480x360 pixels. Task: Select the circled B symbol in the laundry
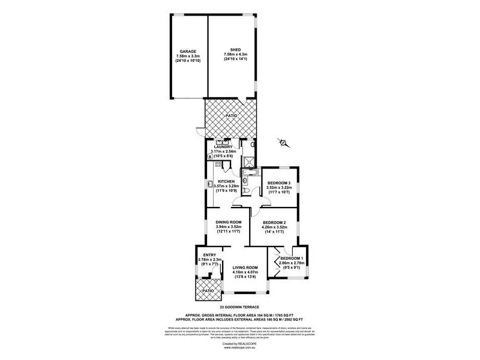click(x=210, y=157)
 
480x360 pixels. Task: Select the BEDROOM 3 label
click(x=279, y=182)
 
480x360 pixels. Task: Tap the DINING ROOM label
click(x=228, y=222)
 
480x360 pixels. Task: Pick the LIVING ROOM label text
click(x=245, y=267)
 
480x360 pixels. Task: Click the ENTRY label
click(x=209, y=254)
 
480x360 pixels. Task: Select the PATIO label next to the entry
click(x=208, y=290)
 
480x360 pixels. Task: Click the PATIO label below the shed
click(x=231, y=116)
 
